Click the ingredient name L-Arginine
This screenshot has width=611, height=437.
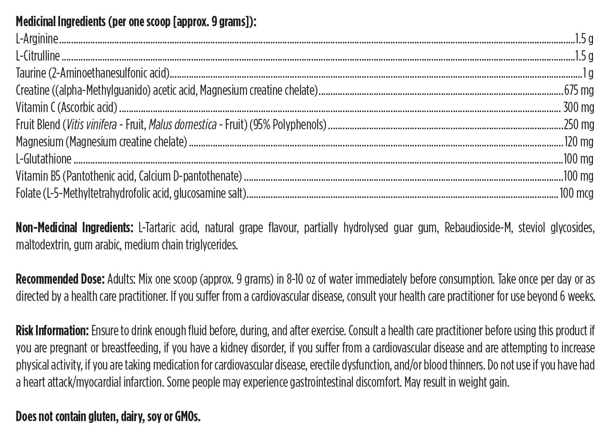coord(37,39)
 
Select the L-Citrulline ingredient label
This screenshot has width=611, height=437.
coord(38,56)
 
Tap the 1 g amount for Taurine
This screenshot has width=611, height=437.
coord(588,73)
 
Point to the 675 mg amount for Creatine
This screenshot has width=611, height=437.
coord(578,91)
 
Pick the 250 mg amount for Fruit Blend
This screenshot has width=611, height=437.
coord(578,125)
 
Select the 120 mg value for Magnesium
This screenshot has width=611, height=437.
coord(578,142)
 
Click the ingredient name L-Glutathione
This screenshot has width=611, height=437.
coord(43,159)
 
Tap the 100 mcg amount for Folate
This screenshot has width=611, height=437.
coord(577,194)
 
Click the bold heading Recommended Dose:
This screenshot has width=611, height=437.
coord(60,279)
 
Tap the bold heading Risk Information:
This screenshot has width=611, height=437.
coord(52,331)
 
